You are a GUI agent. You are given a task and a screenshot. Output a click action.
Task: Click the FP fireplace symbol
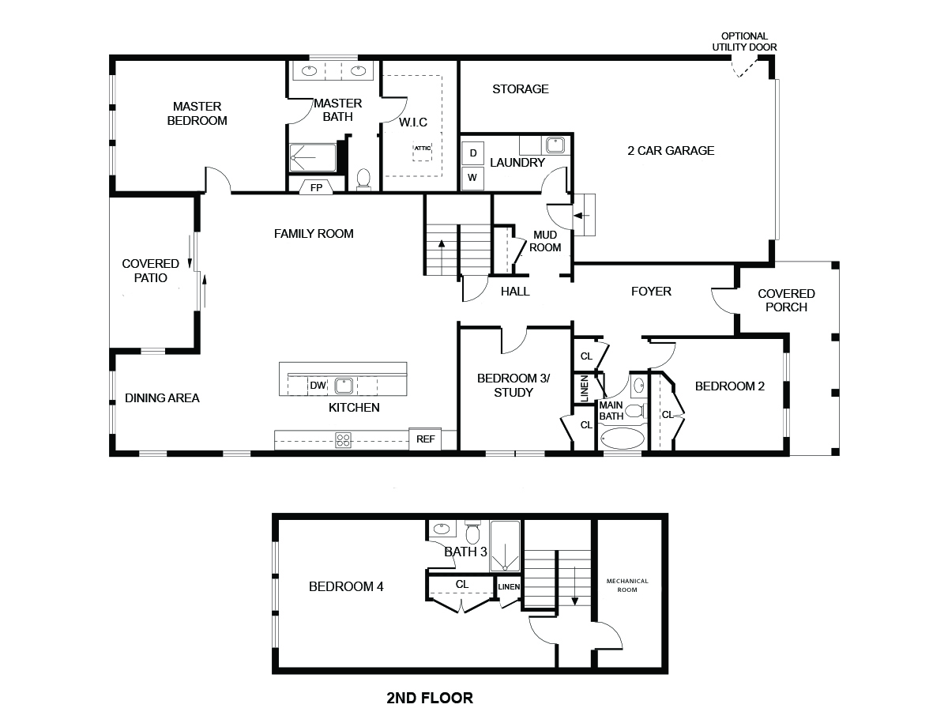pyautogui.click(x=316, y=187)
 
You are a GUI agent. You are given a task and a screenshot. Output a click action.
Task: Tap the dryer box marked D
pyautogui.click(x=473, y=153)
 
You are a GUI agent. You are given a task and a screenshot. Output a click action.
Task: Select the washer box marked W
pyautogui.click(x=472, y=178)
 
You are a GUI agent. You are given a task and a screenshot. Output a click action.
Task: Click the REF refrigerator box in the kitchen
pyautogui.click(x=425, y=439)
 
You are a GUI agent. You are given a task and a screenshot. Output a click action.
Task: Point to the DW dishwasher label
pyautogui.click(x=318, y=386)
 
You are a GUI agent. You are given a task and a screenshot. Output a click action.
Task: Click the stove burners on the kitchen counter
pyautogui.click(x=344, y=440)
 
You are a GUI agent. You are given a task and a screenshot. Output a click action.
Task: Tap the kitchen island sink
pyautogui.click(x=344, y=386)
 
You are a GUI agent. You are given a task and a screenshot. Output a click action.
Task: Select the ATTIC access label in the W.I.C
pyautogui.click(x=423, y=149)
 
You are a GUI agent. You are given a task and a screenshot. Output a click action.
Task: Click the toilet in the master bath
pyautogui.click(x=363, y=179)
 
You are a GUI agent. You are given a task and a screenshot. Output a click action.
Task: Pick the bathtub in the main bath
pyautogui.click(x=622, y=438)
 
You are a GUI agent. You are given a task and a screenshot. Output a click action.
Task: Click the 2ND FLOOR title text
pyautogui.click(x=430, y=699)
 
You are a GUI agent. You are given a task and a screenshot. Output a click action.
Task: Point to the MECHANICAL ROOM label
pyautogui.click(x=627, y=586)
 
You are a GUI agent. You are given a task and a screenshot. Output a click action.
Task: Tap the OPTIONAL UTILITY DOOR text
pyautogui.click(x=745, y=41)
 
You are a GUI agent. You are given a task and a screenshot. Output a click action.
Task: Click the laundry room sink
pyautogui.click(x=555, y=145)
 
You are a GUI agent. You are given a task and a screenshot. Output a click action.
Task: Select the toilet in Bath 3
pyautogui.click(x=472, y=532)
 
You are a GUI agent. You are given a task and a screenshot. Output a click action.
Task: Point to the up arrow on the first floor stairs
pyautogui.click(x=442, y=258)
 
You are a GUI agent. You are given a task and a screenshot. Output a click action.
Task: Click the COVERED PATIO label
pyautogui.click(x=151, y=270)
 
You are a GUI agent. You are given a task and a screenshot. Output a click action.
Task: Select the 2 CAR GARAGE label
pyautogui.click(x=671, y=151)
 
